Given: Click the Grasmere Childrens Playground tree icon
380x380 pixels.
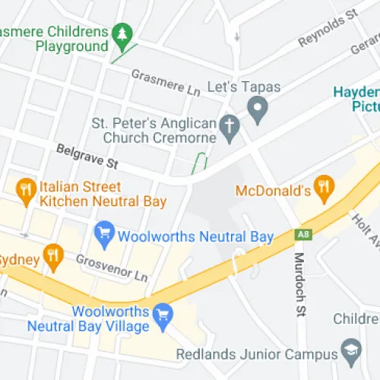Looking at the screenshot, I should (122, 35).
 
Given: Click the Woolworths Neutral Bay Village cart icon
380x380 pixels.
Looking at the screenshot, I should (161, 313).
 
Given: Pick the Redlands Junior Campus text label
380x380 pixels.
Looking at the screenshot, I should (256, 354).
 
